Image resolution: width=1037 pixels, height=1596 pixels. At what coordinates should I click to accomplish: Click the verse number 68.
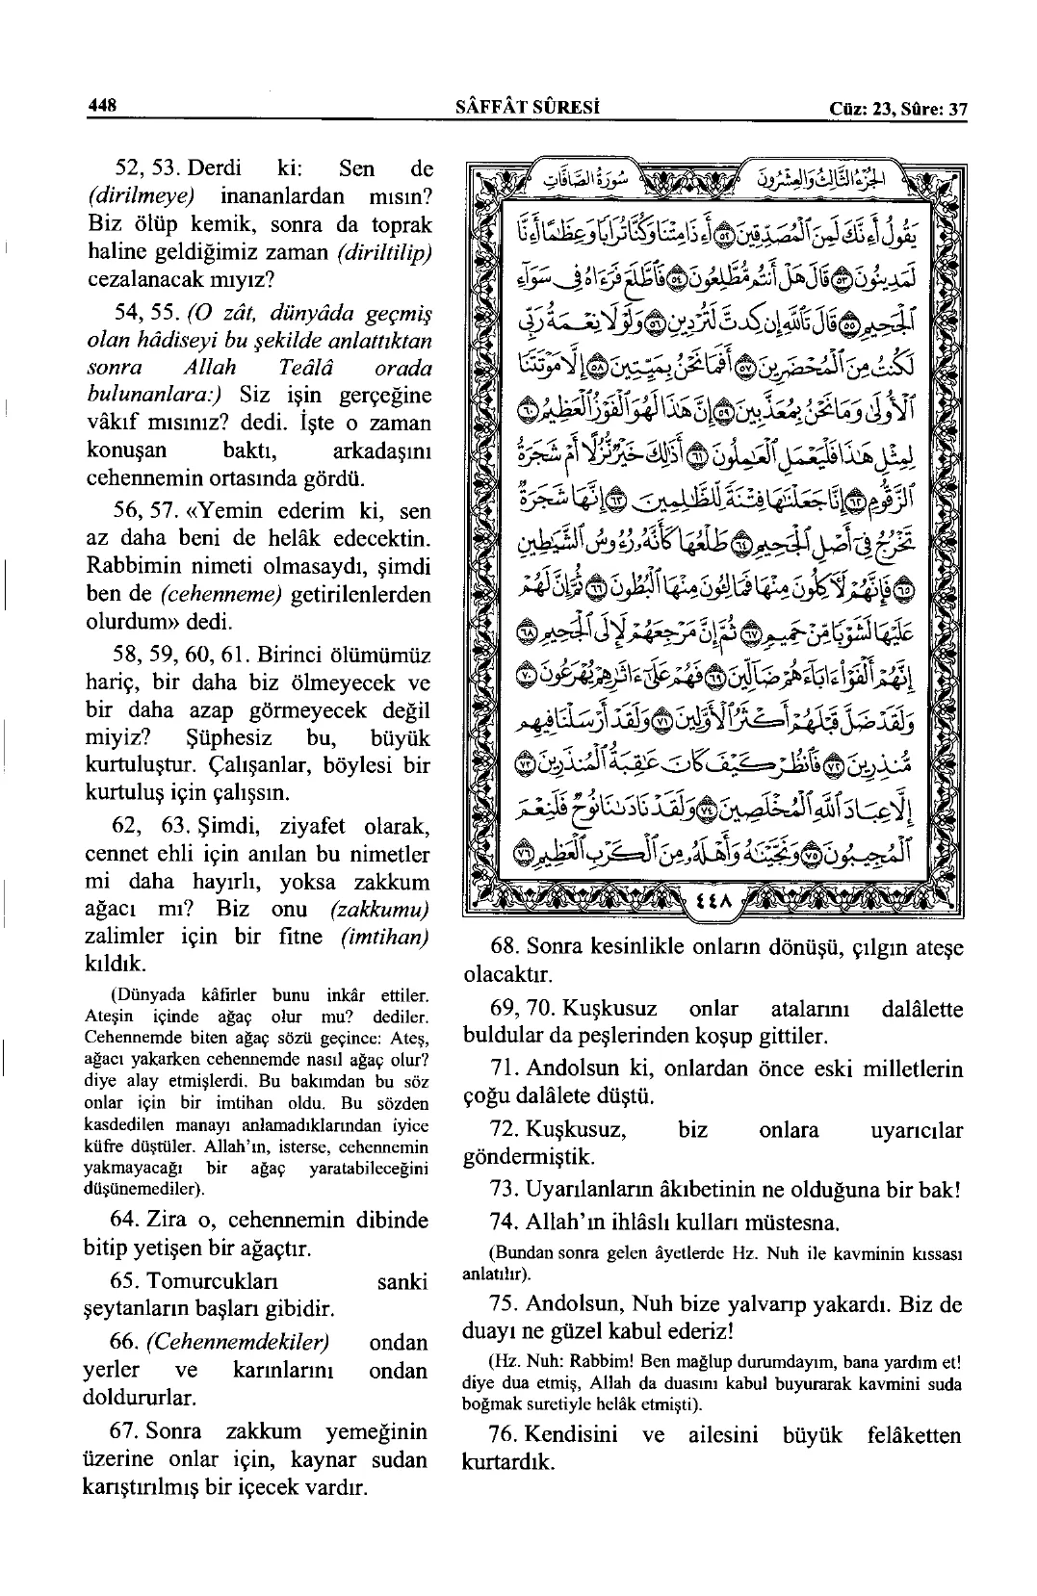tap(506, 947)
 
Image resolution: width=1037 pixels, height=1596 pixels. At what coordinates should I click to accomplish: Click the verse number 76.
tap(506, 1435)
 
